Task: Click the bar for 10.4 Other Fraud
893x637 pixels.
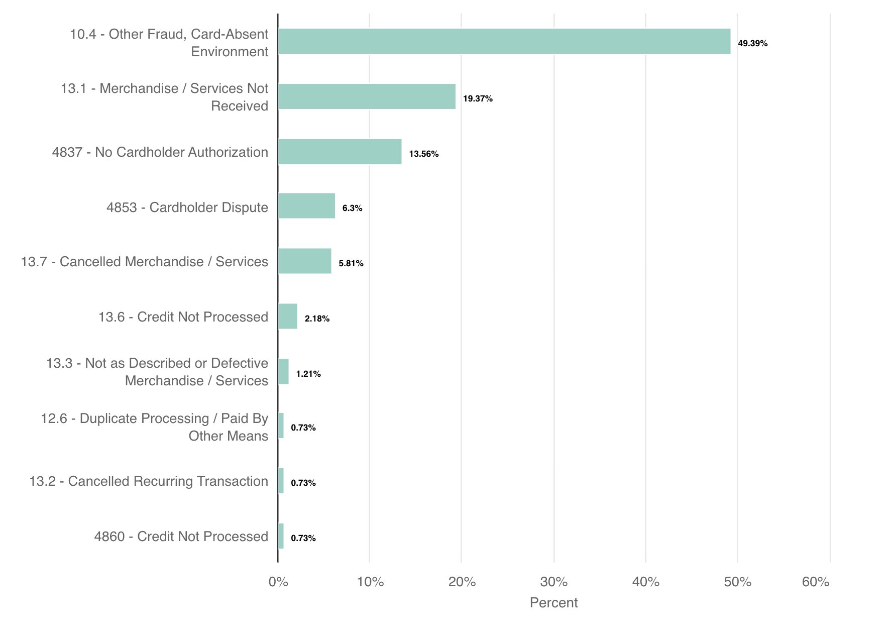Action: coord(504,41)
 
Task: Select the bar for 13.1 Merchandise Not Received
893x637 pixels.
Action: coord(367,96)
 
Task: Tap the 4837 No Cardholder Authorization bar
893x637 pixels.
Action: coord(340,152)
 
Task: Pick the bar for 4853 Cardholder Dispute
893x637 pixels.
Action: coord(306,206)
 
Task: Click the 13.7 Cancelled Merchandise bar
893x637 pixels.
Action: coord(304,261)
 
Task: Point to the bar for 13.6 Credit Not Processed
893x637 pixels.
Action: coord(288,316)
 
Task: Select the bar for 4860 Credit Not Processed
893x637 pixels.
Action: coord(281,536)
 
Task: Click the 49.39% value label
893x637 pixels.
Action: coord(752,43)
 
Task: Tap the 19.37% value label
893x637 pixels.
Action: coord(478,98)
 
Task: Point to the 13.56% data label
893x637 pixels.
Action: coord(423,154)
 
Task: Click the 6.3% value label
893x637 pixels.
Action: coord(352,208)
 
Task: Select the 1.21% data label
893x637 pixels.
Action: coord(308,374)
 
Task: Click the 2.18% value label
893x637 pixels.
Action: coord(317,318)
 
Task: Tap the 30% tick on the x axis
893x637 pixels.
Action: coord(554,582)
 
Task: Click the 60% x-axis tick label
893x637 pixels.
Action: coord(816,582)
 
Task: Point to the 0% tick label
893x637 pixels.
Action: coord(278,582)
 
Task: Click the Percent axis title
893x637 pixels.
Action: coord(553,602)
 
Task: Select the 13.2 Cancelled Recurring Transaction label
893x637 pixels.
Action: coord(149,481)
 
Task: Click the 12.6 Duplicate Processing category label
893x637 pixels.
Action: coord(155,427)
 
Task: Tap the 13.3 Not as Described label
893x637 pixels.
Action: coord(157,372)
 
